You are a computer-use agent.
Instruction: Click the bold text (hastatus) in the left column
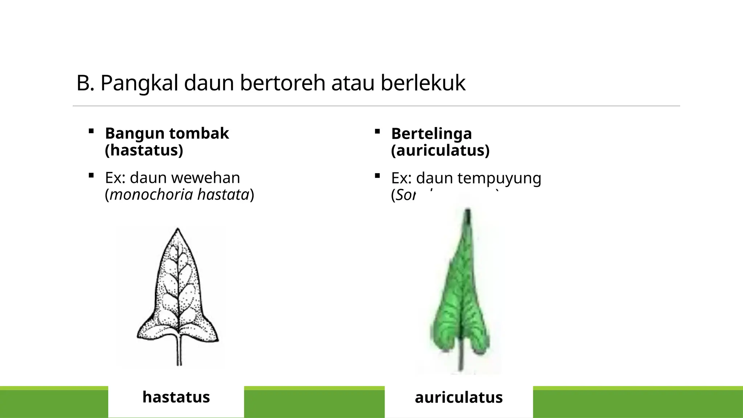(144, 150)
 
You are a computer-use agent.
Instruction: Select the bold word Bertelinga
(431, 134)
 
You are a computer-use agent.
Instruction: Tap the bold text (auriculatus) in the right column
(440, 150)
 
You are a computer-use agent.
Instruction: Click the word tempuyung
(499, 178)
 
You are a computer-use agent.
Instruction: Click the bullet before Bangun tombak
(91, 131)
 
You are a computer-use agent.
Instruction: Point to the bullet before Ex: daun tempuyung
(377, 176)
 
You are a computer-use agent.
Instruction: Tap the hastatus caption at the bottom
(176, 397)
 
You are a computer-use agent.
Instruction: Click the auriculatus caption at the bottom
(459, 397)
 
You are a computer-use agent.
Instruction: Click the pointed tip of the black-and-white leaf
(177, 230)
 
